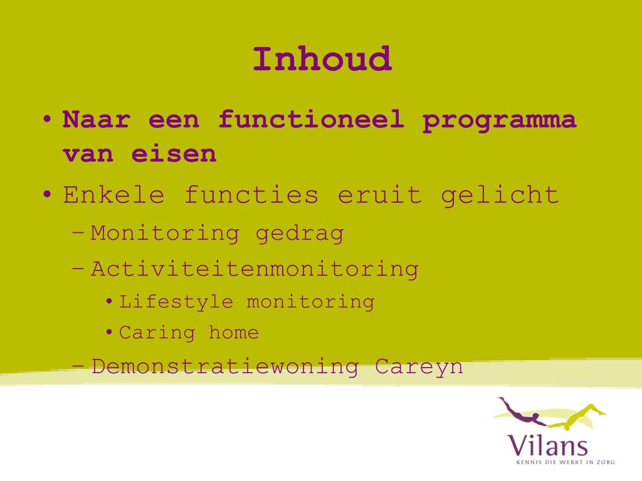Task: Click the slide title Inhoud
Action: [322, 59]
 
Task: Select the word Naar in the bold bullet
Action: [96, 120]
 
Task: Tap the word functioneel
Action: [311, 120]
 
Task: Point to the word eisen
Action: [174, 154]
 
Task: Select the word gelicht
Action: [500, 196]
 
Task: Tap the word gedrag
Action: [299, 234]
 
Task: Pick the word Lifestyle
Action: [176, 303]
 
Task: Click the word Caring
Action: [157, 333]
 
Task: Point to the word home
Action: [234, 332]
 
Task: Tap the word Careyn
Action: [419, 367]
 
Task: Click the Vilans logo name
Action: [547, 445]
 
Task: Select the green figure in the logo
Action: [578, 416]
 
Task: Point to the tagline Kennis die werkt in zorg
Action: [566, 462]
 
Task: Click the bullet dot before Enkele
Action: [48, 194]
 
